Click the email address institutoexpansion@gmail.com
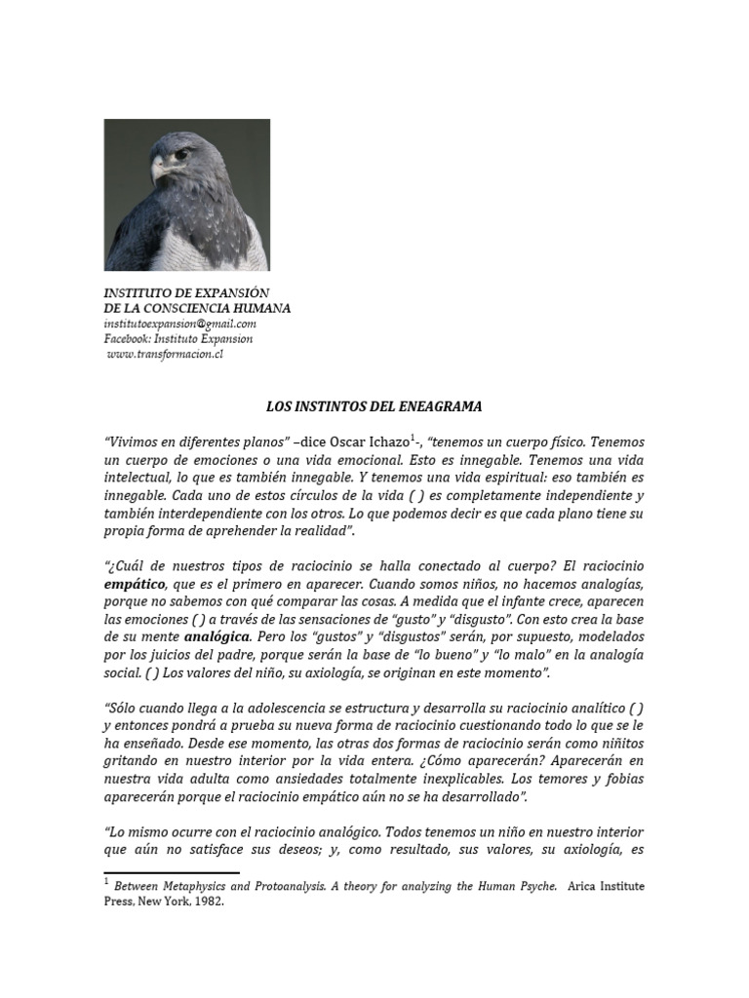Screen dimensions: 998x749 coord(180,324)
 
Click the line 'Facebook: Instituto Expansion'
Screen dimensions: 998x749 coord(178,339)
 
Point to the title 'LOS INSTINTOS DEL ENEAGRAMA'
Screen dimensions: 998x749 coord(374,405)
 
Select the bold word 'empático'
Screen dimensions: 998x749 coord(136,584)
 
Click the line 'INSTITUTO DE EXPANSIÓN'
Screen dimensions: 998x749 coord(186,293)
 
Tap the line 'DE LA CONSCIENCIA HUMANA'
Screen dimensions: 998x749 coord(197,308)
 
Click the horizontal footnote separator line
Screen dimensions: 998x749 coord(171,872)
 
